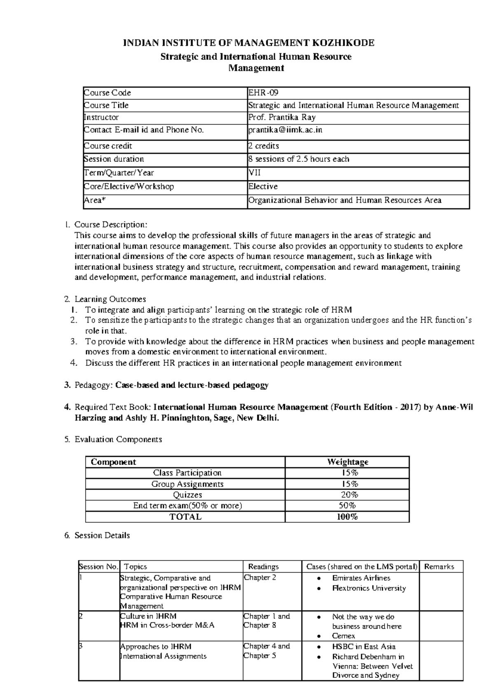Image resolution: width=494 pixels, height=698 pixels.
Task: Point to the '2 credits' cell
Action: [263, 146]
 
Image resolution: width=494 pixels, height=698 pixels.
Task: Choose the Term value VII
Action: [254, 173]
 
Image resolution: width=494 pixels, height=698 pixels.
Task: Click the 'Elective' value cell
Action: [263, 186]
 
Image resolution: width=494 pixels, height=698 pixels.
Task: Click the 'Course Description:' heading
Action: [110, 225]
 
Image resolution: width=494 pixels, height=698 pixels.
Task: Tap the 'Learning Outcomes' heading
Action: [110, 299]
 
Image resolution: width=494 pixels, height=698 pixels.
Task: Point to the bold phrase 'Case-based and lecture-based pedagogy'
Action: [192, 385]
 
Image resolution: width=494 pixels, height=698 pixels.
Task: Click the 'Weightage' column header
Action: [347, 462]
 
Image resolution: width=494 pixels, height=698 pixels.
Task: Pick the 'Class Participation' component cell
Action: [187, 473]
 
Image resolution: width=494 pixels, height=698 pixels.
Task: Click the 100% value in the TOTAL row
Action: [347, 517]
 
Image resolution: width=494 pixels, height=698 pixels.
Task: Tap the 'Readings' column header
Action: [263, 567]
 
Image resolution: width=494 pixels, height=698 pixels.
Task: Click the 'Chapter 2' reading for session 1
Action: [260, 577]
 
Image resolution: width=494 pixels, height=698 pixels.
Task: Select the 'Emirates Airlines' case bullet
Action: [361, 578]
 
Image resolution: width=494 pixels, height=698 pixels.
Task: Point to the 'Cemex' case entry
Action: [343, 635]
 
